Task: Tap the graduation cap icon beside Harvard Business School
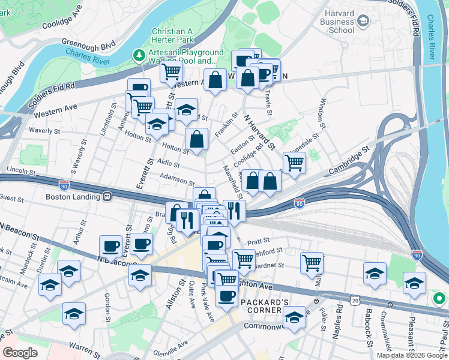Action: click(x=363, y=22)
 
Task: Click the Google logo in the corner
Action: click(x=20, y=353)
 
